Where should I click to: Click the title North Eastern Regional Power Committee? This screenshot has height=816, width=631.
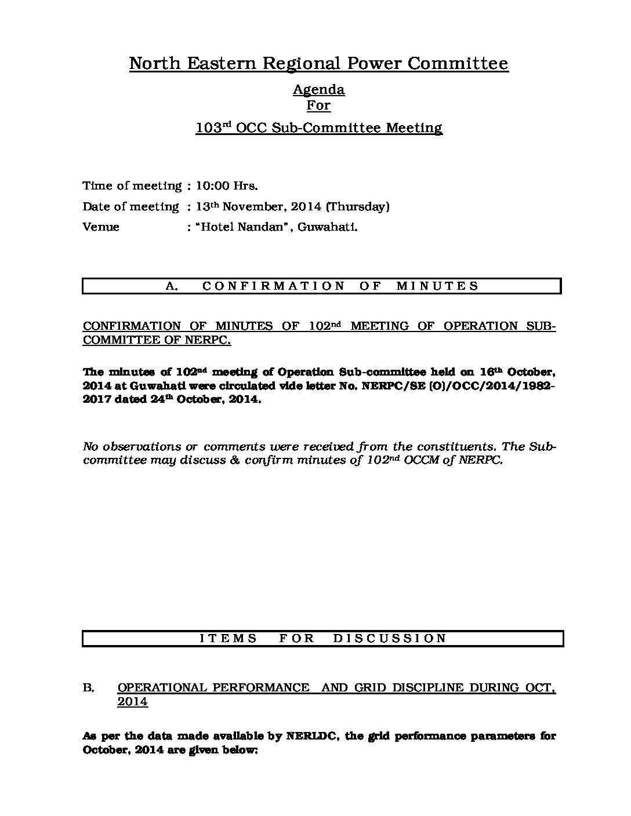point(318,63)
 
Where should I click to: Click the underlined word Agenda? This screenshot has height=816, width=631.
point(318,90)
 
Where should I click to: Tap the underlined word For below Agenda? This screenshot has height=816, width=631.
point(318,105)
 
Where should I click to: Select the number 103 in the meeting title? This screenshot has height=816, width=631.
point(206,128)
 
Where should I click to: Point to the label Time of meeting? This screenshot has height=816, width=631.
point(132,186)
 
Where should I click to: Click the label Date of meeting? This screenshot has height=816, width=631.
point(131,207)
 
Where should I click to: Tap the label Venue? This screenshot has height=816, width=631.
point(101,227)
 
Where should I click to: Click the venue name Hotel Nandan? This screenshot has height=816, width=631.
point(243,227)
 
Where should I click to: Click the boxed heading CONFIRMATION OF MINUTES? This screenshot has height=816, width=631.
point(340,286)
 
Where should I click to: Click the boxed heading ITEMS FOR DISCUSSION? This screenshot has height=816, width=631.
point(323,638)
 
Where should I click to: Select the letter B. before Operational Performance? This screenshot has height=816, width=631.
point(88,688)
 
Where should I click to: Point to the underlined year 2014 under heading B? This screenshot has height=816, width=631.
point(132,702)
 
